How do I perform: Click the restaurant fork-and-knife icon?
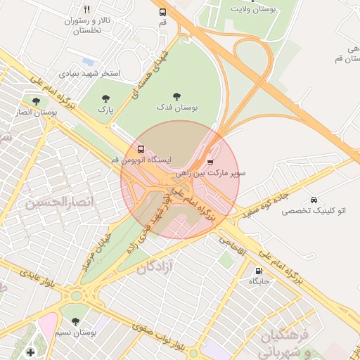86,10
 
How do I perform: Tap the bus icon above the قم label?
163,12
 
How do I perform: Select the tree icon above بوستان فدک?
176,96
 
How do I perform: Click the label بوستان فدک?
176,108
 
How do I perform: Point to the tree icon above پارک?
105,99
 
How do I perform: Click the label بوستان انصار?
36,112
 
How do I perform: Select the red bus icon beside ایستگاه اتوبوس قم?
141,149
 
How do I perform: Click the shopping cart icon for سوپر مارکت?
210,161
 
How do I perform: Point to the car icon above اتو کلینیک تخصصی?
313,200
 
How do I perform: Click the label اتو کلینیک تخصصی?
313,211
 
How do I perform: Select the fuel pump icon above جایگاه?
259,271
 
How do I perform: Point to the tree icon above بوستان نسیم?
76,321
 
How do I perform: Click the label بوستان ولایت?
255,8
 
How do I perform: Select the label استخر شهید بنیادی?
91,73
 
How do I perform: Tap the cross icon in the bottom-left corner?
30,352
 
